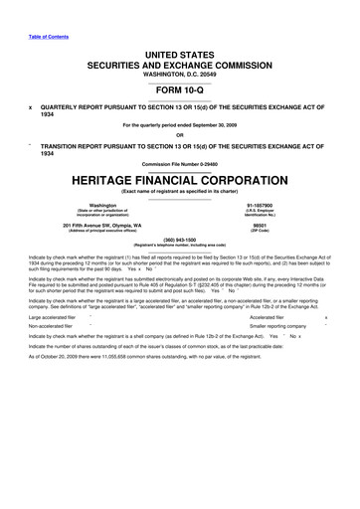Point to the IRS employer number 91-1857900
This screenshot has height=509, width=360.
304,206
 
